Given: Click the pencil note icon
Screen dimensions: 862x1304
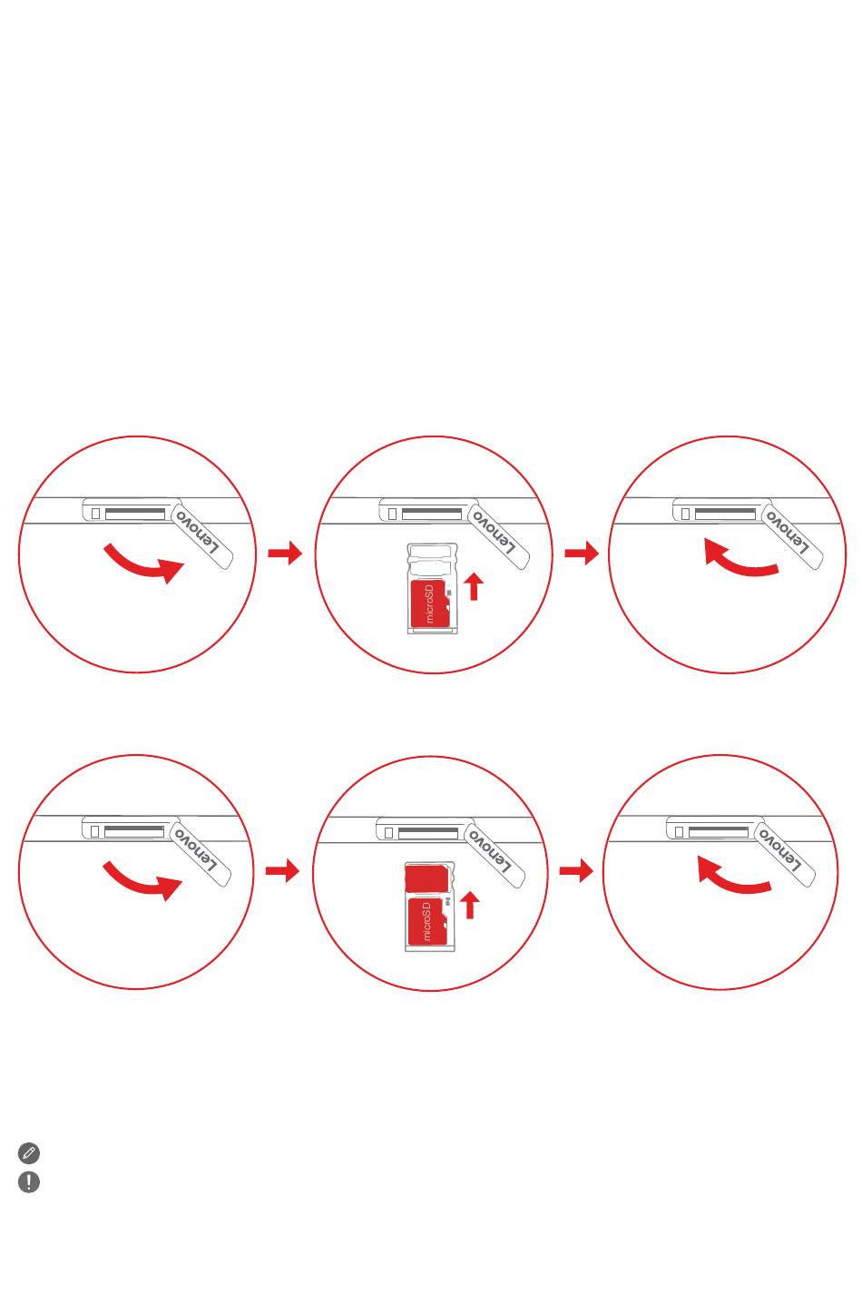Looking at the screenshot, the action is [29, 1152].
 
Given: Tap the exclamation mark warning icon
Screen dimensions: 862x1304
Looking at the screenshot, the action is [29, 1181].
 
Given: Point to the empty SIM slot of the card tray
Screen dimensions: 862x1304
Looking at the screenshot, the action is [432, 556].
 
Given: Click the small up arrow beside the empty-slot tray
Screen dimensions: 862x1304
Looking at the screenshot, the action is [474, 586].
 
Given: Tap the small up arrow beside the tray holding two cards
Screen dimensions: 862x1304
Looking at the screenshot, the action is [470, 906].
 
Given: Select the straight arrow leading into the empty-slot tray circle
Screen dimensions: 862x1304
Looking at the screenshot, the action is [285, 553].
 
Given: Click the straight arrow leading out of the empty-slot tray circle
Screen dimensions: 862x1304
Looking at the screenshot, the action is [582, 553].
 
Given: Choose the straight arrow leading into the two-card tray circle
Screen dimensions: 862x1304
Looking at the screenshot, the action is [282, 871].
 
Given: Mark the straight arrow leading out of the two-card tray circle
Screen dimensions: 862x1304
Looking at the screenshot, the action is [576, 871].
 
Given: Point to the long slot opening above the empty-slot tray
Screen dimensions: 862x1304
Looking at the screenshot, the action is [432, 514].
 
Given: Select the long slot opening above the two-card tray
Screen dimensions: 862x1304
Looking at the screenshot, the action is [428, 833].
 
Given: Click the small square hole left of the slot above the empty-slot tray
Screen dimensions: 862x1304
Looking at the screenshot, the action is [392, 514].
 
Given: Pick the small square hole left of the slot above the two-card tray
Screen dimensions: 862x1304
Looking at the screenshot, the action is [388, 833].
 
